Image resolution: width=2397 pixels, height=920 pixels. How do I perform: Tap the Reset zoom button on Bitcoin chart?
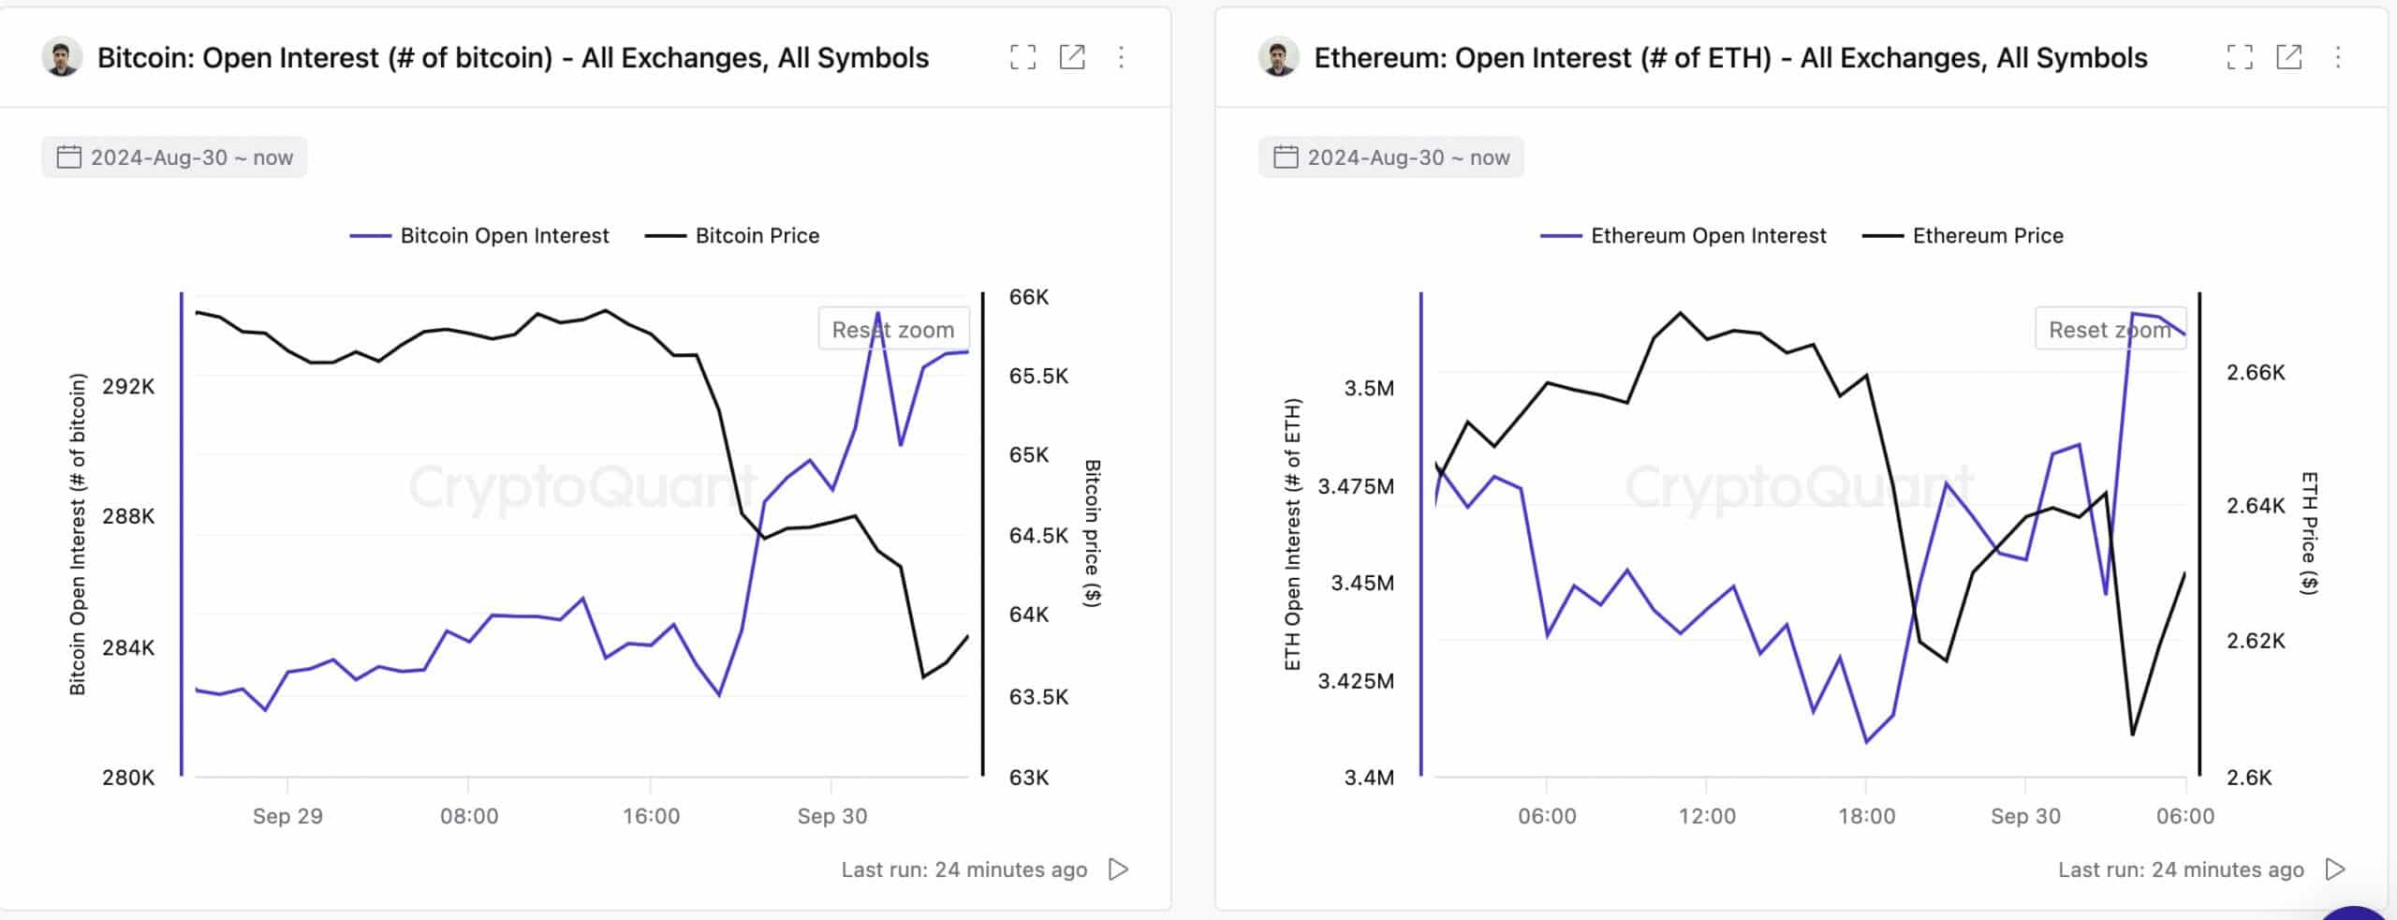pos(892,330)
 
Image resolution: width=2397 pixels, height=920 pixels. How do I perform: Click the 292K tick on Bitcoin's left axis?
pos(128,387)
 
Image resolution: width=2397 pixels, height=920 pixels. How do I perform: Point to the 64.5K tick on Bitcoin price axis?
pos(1037,536)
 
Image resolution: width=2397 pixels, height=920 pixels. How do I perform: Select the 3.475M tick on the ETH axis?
pos(1355,486)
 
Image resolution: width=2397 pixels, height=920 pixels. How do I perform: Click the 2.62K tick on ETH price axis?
pos(2255,641)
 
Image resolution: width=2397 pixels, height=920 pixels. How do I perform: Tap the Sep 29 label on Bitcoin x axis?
pos(287,816)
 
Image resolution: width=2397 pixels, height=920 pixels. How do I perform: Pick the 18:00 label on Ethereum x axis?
pos(1866,816)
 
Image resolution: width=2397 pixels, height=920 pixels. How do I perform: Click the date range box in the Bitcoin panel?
pos(174,157)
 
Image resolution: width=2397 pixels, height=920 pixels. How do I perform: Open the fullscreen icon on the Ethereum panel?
pos(2239,58)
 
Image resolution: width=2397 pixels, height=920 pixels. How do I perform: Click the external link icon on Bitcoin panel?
pos(1072,58)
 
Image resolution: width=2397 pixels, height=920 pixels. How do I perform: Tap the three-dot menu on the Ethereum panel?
pos(2338,58)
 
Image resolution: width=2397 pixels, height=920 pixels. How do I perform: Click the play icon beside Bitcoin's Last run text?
pos(1118,869)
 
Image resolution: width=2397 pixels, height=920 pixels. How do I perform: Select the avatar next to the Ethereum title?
pos(1278,58)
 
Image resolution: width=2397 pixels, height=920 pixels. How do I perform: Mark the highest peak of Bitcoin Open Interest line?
pos(877,313)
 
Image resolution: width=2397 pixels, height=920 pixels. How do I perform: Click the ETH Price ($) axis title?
pos(2309,533)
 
